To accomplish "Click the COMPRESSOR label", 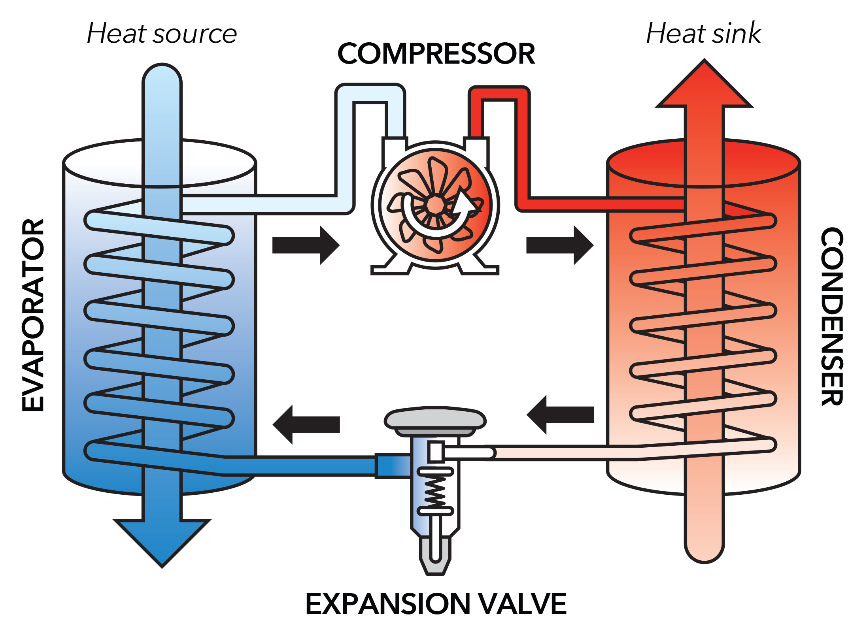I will point(436,54).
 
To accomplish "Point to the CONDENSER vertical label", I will point(831,316).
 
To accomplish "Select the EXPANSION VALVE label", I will point(436,603).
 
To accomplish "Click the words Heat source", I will point(162,34).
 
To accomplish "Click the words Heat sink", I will point(704,34).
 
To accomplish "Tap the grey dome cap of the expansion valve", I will point(435,419).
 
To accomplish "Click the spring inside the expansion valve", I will point(435,491).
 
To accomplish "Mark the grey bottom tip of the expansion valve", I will point(435,567).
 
